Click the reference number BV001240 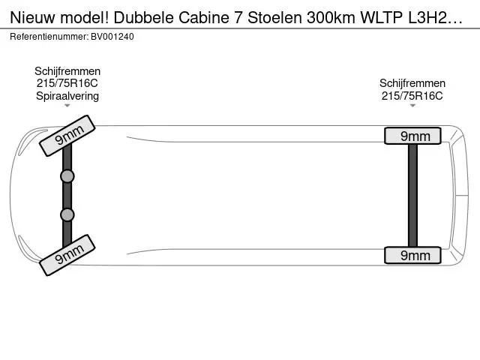pos(112,37)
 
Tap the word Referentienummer pos(49,37)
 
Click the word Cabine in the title pos(203,18)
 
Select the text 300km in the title pos(331,18)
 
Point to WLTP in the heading pos(381,18)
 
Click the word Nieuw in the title pos(32,18)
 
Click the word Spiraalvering pos(67,96)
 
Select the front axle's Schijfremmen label pos(67,71)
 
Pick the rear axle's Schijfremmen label pos(412,83)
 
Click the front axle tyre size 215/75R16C pos(67,83)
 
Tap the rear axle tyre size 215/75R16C pos(412,96)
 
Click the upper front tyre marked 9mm pos(67,136)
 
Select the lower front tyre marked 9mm pos(67,255)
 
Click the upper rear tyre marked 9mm pos(412,136)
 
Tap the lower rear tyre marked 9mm pos(412,255)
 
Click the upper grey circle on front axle pos(67,176)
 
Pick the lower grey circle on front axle pos(67,215)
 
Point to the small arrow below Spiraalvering pos(67,106)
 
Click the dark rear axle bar pos(412,196)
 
